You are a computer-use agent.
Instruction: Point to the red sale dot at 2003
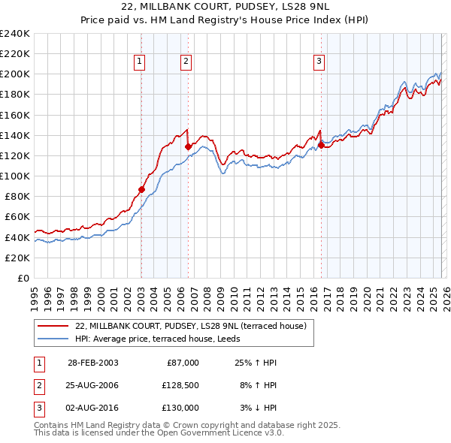coord(141,189)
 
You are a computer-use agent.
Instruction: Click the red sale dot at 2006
coord(188,147)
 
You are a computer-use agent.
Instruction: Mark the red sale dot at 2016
coord(321,146)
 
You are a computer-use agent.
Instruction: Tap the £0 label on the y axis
coord(23,278)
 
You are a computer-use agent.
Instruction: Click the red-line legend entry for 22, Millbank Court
coord(190,327)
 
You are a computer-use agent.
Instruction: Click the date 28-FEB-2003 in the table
coord(92,363)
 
